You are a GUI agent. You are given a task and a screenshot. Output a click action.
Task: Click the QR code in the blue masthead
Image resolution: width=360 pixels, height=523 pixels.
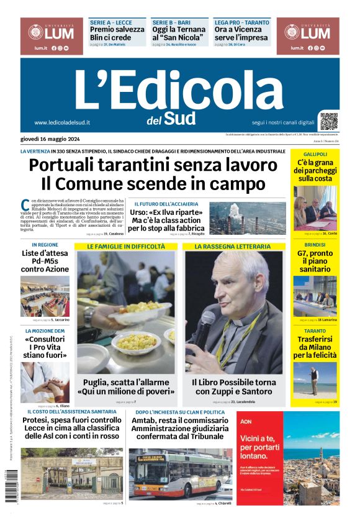point(328,121)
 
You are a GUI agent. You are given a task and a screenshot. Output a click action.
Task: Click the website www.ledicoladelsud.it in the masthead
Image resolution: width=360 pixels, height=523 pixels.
point(62,122)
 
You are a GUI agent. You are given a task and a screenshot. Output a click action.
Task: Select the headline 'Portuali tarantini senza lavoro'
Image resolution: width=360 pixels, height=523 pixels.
point(153,165)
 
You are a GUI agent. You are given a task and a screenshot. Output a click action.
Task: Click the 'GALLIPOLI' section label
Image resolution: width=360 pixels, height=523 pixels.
point(315,153)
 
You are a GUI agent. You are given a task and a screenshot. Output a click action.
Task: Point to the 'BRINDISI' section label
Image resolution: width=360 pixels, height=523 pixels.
point(315,245)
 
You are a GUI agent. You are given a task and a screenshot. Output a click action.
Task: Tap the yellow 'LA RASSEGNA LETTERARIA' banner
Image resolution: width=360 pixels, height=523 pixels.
point(233,247)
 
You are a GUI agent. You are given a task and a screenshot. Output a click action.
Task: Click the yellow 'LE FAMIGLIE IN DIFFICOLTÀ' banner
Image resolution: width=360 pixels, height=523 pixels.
point(126,247)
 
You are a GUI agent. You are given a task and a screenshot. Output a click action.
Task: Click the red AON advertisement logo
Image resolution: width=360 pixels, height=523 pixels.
point(246,421)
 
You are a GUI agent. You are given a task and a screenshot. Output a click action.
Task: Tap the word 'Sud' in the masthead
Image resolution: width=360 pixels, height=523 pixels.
point(180,119)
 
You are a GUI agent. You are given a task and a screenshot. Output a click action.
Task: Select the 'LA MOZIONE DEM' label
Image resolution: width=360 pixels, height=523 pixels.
point(45,331)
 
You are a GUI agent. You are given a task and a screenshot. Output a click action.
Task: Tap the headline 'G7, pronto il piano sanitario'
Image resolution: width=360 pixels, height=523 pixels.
point(315,261)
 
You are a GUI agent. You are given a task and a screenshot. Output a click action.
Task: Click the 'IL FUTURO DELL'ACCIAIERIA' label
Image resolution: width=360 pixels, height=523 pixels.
point(166,204)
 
